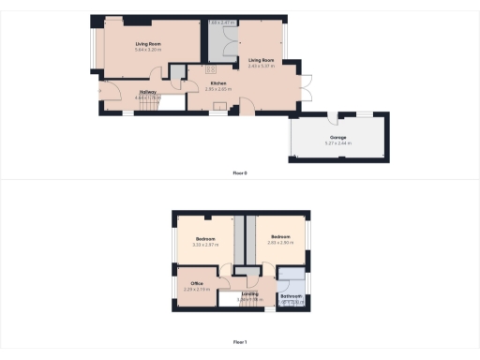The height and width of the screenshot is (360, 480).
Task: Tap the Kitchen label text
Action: pyautogui.click(x=218, y=84)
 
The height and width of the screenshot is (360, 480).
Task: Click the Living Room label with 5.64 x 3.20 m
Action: pyautogui.click(x=147, y=44)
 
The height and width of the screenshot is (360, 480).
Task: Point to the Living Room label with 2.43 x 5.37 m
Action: pyautogui.click(x=262, y=59)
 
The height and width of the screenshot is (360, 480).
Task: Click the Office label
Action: pyautogui.click(x=198, y=283)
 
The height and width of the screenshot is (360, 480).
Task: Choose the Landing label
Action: pyautogui.click(x=249, y=294)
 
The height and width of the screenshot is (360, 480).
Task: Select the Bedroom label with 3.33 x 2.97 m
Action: pyautogui.click(x=206, y=238)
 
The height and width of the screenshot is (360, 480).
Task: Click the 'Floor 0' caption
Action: pyautogui.click(x=241, y=173)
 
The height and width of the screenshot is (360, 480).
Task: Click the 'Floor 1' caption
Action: pyautogui.click(x=240, y=343)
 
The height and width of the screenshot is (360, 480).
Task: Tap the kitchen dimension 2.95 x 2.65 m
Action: pyautogui.click(x=218, y=90)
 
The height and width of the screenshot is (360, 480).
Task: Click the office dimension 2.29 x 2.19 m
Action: pyautogui.click(x=198, y=289)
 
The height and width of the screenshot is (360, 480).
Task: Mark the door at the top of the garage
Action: pyautogui.click(x=335, y=117)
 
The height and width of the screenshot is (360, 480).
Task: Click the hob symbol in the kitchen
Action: pyautogui.click(x=211, y=69)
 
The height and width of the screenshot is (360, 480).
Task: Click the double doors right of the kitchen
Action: pyautogui.click(x=304, y=85)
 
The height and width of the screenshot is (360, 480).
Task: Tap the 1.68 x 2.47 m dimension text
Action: pyautogui.click(x=221, y=22)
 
